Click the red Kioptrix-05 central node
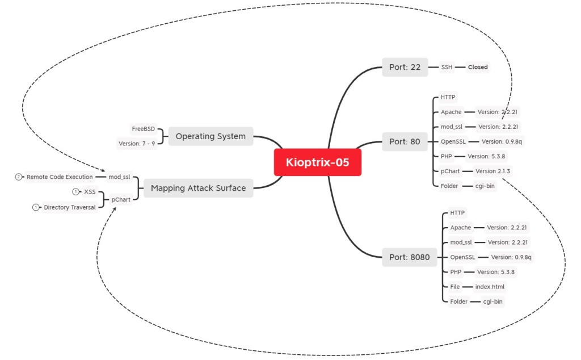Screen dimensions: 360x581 pos(318,162)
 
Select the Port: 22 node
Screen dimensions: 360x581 pos(405,67)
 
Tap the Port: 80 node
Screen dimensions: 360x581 pos(405,141)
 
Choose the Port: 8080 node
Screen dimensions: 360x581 pos(409,257)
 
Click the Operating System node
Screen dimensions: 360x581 pos(210,136)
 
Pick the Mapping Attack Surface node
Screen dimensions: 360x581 pos(198,188)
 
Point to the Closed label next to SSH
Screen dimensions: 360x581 pos(478,67)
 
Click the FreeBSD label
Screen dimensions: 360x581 pos(143,129)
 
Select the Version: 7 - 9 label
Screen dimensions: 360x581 pos(137,144)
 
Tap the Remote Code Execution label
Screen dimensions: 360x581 pos(60,177)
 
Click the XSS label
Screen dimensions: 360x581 pos(90,192)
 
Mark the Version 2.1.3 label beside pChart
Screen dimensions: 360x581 pos(494,171)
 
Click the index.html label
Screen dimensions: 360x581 pos(490,287)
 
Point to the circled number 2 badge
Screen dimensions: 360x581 pos(19,177)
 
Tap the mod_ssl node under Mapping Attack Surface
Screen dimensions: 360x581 pos(119,177)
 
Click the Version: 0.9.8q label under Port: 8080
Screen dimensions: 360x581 pos(511,257)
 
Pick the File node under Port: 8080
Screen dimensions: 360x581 pos(455,287)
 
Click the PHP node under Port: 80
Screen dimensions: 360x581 pos(446,156)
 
